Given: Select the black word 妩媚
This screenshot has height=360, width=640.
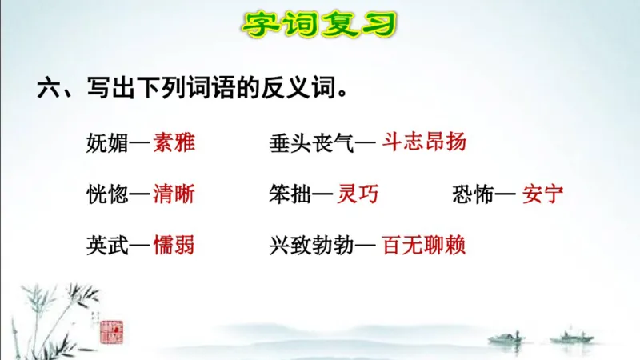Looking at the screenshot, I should click(x=106, y=144).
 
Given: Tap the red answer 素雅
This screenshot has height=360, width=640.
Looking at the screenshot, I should click(x=174, y=144).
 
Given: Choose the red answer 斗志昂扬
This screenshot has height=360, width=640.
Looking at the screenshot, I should click(x=425, y=144).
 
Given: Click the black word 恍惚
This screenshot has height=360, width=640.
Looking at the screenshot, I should click(x=106, y=194).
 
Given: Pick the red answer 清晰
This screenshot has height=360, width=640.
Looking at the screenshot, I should click(x=174, y=194).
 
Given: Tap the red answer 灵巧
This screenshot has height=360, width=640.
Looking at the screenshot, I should click(x=358, y=194).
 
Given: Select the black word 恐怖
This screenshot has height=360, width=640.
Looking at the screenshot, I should click(x=472, y=194).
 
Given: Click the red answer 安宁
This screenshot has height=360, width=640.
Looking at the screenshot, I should click(x=543, y=194).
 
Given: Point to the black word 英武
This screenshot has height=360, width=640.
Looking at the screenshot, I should click(x=106, y=244).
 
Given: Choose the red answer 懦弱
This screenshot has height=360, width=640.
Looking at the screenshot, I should click(x=174, y=244).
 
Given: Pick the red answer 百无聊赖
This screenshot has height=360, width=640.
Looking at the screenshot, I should click(x=425, y=244).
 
